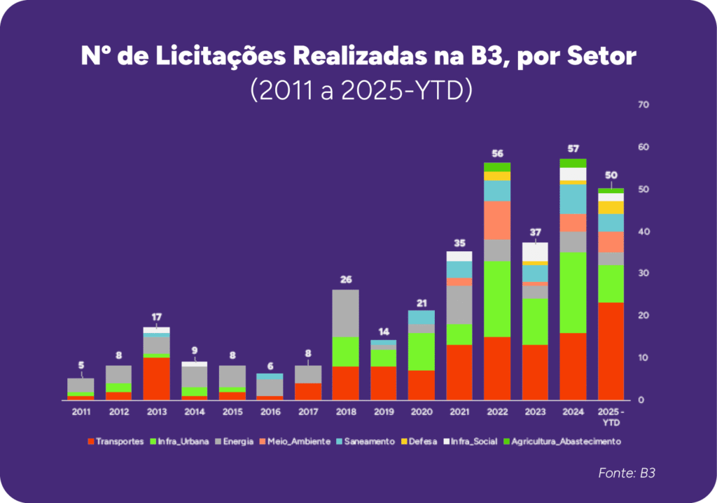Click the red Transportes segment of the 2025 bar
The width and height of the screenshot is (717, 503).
611,350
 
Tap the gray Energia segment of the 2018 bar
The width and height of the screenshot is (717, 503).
346,313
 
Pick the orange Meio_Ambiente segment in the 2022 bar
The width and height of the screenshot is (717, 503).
496,220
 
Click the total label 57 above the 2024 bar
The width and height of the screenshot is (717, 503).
573,149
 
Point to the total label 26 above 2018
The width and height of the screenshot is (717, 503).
346,279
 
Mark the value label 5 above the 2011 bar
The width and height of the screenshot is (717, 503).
81,364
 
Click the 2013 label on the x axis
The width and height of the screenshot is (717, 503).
156,412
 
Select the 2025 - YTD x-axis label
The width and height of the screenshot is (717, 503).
611,416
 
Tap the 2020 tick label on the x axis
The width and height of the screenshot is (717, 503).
422,412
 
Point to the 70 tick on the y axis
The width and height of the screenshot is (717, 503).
643,105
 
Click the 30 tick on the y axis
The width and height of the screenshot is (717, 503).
643,274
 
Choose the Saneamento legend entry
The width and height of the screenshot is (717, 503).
368,441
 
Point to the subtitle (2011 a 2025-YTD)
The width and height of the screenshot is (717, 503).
358,91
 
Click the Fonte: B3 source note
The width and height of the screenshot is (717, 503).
627,474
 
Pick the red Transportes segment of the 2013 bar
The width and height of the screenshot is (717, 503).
156,378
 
